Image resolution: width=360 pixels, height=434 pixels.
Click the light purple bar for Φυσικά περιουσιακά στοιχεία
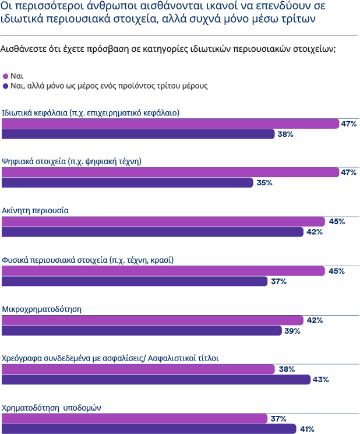click(x=164, y=271)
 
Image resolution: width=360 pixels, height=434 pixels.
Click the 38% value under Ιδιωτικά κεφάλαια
click(x=285, y=134)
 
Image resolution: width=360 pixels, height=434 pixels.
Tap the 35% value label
click(x=265, y=183)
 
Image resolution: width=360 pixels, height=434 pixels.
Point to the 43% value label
click(x=321, y=380)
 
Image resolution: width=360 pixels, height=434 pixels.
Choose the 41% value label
click(x=307, y=429)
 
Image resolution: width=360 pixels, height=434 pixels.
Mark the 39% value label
click(x=292, y=331)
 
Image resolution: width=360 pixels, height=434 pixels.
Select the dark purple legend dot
click(x=6, y=86)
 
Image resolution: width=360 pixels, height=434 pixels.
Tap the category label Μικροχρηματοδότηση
click(x=41, y=308)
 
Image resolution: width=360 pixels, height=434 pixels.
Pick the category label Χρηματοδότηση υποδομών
click(x=51, y=407)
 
